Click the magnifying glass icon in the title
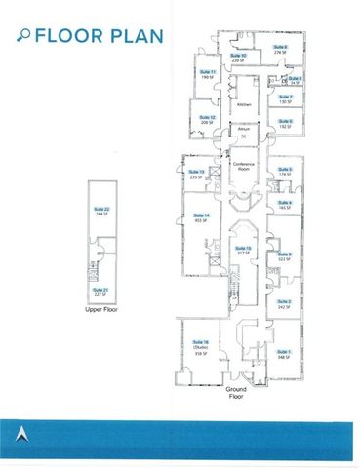[23, 37]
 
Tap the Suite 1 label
[285, 351]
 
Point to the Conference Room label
[244, 166]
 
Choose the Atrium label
[244, 128]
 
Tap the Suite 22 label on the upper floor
[100, 209]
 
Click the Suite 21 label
[100, 290]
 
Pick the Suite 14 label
[201, 214]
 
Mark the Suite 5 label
[285, 169]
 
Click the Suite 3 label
[285, 253]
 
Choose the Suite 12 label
[206, 117]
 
